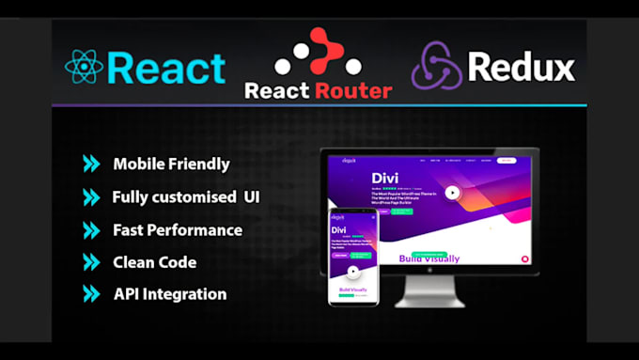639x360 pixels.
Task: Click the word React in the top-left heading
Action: [166, 67]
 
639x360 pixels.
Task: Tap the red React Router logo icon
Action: [318, 54]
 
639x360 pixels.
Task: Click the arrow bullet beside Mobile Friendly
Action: [90, 164]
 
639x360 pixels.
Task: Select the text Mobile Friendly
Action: [171, 164]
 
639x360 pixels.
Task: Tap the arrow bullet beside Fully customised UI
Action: [90, 196]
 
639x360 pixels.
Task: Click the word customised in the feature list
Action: [207, 197]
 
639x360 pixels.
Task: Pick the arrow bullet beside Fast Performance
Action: [90, 229]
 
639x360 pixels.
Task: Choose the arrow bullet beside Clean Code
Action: [90, 261]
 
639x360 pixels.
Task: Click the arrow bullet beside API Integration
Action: [90, 293]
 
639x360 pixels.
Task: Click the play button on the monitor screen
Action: [452, 192]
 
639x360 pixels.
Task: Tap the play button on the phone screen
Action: [353, 272]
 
